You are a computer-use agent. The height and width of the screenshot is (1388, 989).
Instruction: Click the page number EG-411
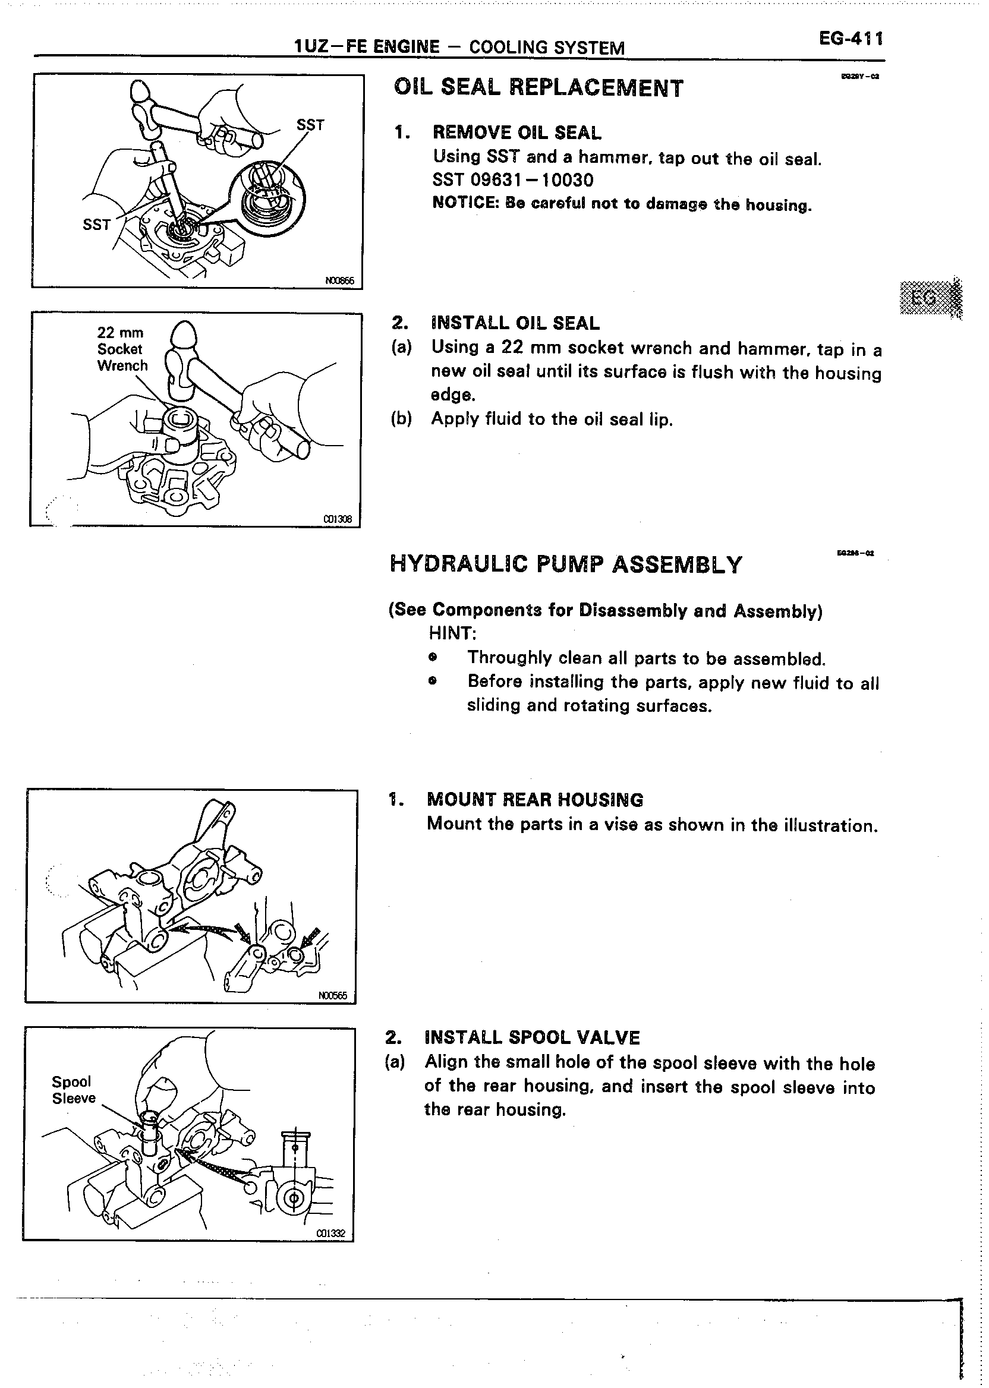(851, 40)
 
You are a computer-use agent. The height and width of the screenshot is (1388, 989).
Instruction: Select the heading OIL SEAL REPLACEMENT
(538, 89)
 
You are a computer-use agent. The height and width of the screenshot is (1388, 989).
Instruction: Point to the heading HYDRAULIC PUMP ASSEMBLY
(566, 564)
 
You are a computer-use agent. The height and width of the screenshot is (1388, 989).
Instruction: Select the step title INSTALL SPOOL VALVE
(533, 1037)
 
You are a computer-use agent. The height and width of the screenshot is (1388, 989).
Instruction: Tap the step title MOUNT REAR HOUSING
(536, 800)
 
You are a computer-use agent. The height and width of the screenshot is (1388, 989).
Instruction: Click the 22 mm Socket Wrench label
(122, 349)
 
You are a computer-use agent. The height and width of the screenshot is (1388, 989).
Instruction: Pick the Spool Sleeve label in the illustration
(73, 1090)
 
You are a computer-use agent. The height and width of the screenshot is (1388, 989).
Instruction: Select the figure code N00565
(332, 996)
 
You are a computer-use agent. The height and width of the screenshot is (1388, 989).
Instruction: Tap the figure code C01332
(330, 1234)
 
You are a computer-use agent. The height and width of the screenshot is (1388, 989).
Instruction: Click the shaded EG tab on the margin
(930, 297)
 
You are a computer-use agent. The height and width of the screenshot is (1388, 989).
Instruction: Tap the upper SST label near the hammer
(311, 125)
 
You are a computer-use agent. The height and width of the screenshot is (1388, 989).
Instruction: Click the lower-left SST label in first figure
(96, 225)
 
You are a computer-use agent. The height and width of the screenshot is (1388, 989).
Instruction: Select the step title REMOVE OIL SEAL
(516, 133)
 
